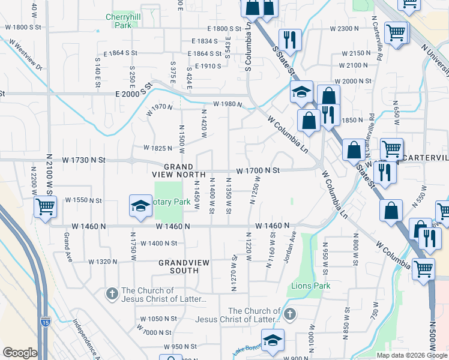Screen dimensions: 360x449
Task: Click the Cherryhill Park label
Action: [118, 22]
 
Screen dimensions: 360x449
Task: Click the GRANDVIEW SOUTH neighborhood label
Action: [178, 266]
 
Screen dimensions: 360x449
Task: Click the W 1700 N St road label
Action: [258, 170]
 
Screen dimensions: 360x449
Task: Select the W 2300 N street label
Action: [343, 28]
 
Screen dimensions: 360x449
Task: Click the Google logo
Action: [20, 352]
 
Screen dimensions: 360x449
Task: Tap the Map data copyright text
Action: [412, 355]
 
